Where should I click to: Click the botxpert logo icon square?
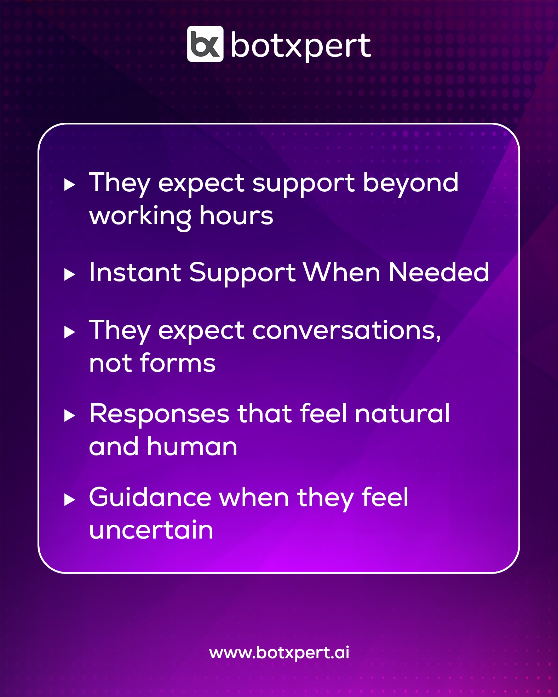tap(205, 44)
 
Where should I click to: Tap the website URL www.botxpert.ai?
tap(279, 653)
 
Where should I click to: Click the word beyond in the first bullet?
tap(410, 184)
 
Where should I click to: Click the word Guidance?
tap(150, 497)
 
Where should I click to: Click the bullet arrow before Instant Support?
tap(70, 274)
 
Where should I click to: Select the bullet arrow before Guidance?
tap(70, 500)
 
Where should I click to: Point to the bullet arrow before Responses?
tap(70, 416)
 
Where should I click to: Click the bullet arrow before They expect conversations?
tap(70, 332)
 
